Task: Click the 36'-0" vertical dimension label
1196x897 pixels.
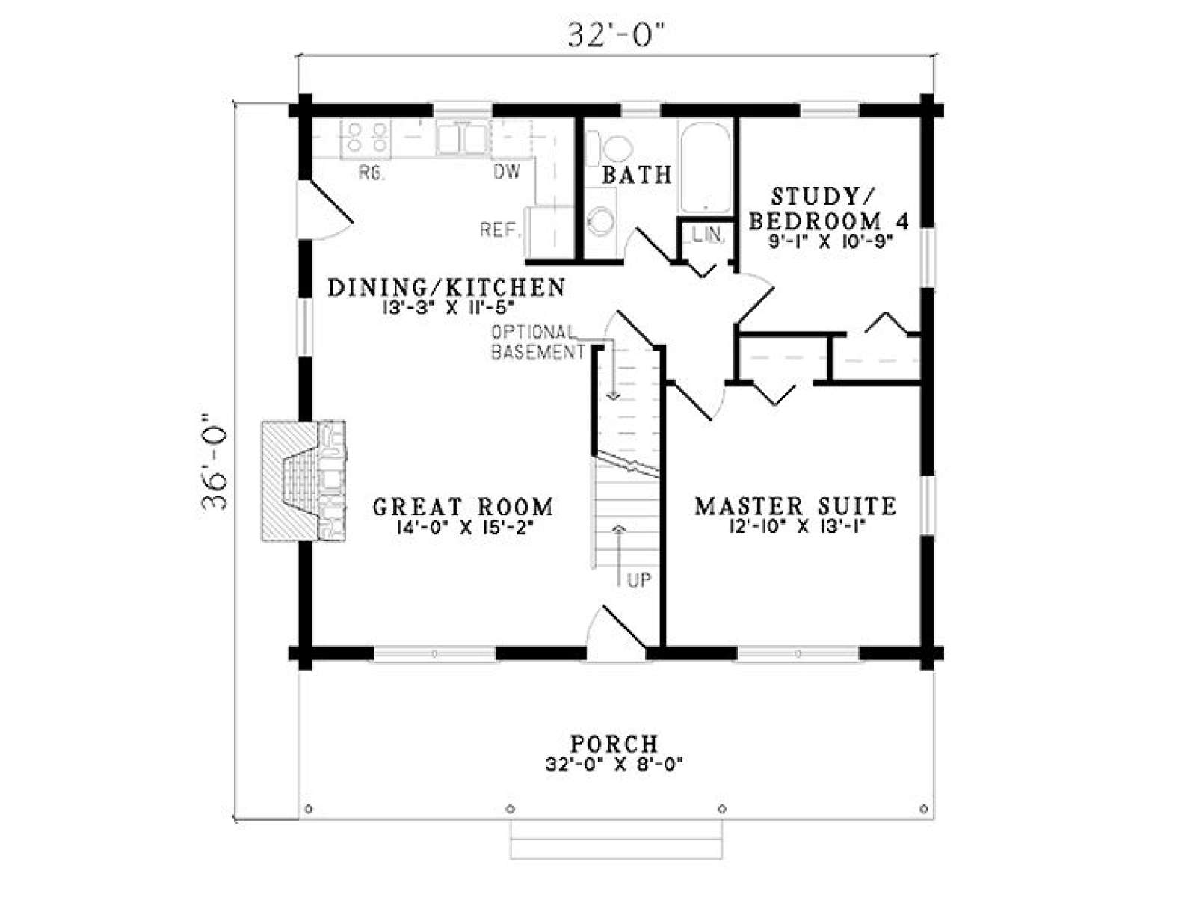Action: pos(214,462)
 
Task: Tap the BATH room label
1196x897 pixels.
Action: pos(636,175)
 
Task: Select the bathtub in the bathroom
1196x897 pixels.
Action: pos(705,167)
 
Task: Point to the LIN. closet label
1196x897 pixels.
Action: pos(708,235)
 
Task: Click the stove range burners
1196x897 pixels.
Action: pos(366,138)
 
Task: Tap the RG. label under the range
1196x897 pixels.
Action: pos(372,173)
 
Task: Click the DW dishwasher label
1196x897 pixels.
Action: pos(507,172)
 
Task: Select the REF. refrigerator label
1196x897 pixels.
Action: pos(499,229)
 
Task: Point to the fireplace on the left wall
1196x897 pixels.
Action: pos(303,481)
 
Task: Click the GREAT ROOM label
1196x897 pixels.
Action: pos(463,507)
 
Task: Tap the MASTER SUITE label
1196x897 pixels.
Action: pos(795,506)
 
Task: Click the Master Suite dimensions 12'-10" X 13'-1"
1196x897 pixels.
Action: pos(797,527)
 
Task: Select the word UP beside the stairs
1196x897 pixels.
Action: pos(639,581)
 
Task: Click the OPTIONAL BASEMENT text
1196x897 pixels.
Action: pos(537,342)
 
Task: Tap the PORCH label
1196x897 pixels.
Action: pos(614,744)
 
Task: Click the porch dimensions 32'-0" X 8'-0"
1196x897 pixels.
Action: pos(614,765)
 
